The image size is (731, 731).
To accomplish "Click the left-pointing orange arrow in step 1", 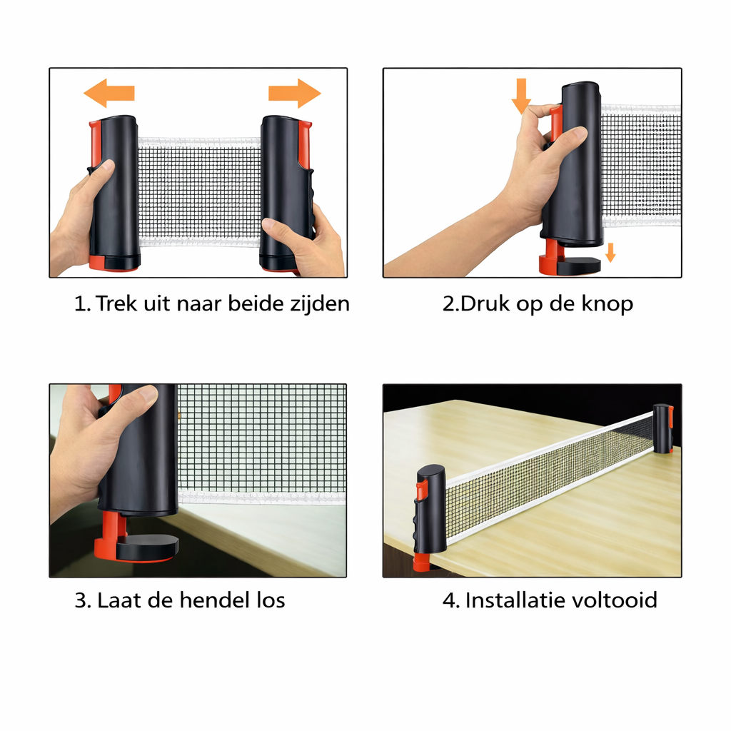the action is click(x=109, y=94).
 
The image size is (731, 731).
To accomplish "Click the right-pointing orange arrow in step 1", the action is click(x=295, y=94).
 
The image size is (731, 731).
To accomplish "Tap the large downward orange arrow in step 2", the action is click(x=521, y=96).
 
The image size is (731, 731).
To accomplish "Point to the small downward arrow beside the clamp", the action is click(x=610, y=253).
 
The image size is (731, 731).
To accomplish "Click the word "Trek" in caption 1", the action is click(x=116, y=303).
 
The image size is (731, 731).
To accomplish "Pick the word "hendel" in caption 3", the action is click(x=214, y=600).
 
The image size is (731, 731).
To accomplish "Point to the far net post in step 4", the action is click(x=663, y=429).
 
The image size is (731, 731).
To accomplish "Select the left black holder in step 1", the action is click(x=115, y=192).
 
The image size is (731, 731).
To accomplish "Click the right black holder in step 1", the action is click(x=286, y=192).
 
